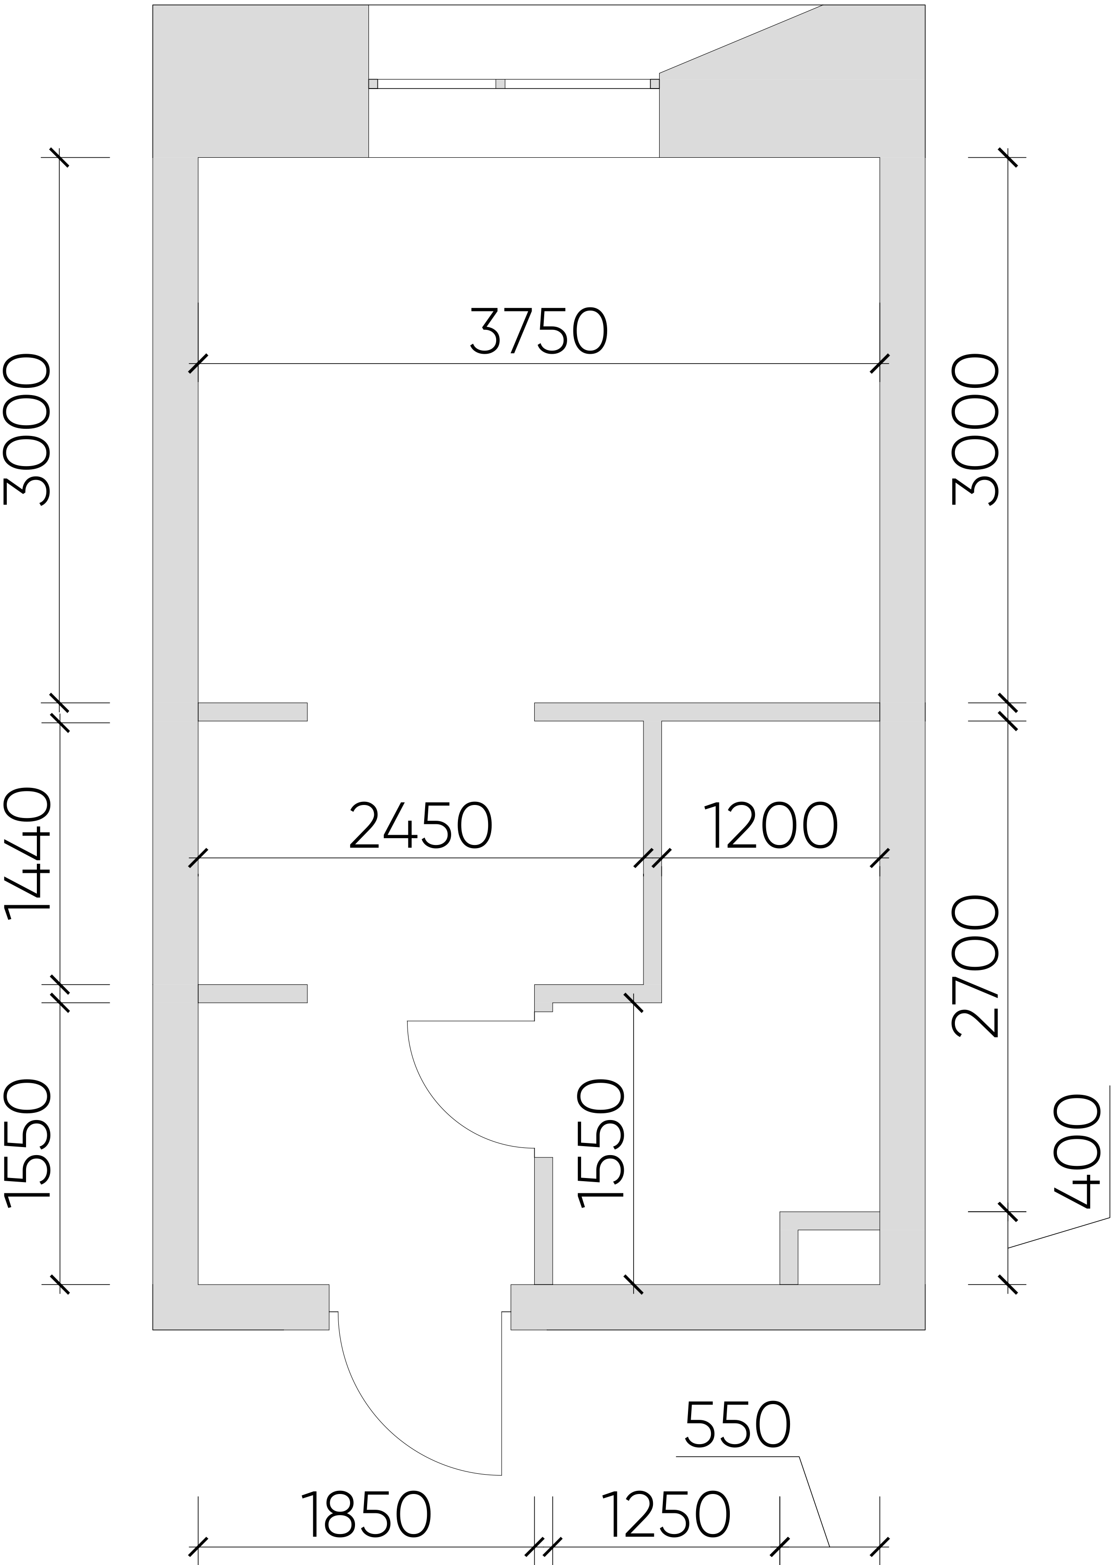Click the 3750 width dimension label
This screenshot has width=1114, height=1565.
(539, 331)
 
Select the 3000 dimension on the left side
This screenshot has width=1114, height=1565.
(27, 430)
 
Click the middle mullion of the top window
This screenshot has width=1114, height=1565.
(500, 84)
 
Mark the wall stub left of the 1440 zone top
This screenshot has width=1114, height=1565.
(253, 711)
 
